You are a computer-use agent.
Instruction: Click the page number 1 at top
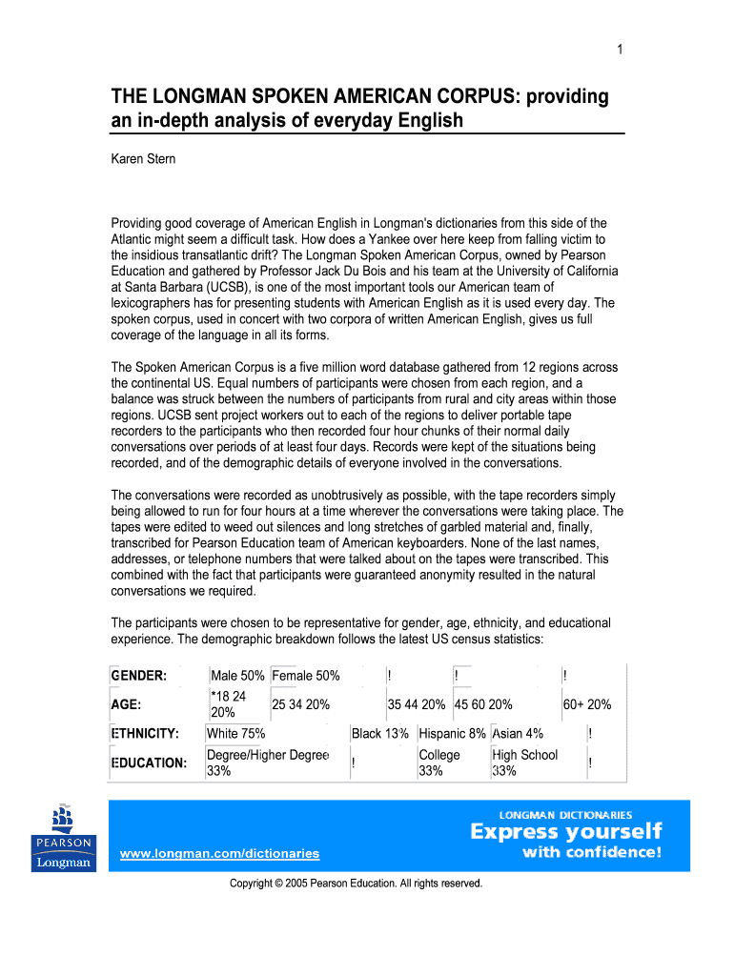[619, 51]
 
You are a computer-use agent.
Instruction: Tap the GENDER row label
[140, 676]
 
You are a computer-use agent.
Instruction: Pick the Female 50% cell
[306, 676]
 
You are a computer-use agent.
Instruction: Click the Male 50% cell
[237, 676]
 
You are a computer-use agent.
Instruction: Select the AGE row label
[127, 704]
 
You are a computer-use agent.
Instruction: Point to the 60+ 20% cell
[587, 704]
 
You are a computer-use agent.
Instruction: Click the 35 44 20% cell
[417, 704]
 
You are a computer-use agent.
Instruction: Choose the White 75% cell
[236, 733]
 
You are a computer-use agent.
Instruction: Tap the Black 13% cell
[380, 733]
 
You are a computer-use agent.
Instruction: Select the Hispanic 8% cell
[453, 733]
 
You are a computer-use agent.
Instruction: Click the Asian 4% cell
[518, 733]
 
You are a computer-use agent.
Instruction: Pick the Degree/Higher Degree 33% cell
[267, 762]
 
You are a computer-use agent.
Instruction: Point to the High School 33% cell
[524, 762]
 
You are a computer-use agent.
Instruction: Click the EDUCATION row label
[149, 762]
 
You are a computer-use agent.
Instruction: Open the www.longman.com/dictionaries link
[220, 853]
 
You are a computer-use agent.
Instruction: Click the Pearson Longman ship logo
[64, 838]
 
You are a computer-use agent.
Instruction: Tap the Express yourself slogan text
[566, 832]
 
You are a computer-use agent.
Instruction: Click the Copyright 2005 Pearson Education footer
[357, 884]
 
